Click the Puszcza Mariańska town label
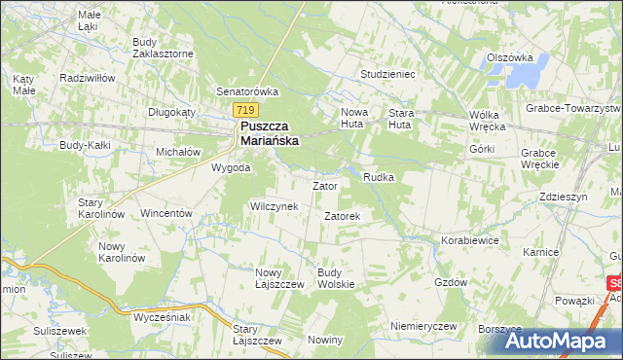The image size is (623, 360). (269, 132)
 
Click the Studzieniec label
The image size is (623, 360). (388, 73)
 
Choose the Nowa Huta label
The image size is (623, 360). (353, 119)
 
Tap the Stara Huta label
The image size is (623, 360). (401, 119)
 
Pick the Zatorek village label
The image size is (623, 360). (343, 215)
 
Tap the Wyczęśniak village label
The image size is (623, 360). (162, 318)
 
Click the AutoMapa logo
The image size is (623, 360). (559, 341)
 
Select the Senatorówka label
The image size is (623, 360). (247, 91)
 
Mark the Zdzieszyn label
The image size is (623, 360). (562, 197)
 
